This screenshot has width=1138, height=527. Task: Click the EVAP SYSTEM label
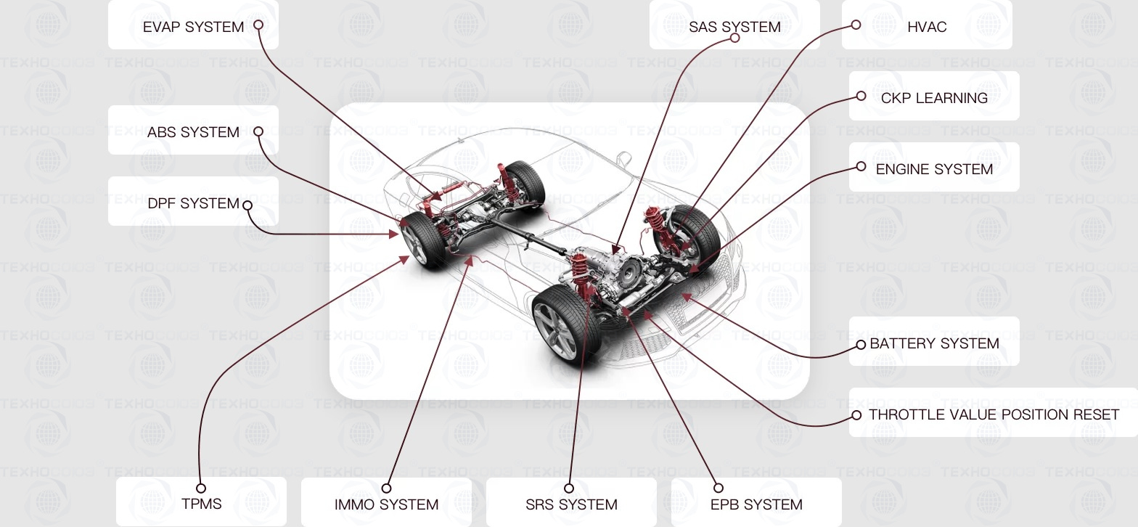193,27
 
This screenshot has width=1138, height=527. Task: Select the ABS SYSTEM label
193,132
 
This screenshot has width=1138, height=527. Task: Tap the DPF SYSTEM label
193,203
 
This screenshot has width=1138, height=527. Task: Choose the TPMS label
201,504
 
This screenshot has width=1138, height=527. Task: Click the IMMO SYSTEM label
386,504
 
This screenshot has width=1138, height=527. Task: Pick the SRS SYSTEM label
571,504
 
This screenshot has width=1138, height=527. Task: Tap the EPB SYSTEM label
756,504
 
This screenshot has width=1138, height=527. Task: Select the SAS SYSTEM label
734,27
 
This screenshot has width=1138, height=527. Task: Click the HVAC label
927,27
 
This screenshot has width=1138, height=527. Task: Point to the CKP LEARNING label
934,98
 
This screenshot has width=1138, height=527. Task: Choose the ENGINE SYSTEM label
934,169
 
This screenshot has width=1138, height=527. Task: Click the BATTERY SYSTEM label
934,343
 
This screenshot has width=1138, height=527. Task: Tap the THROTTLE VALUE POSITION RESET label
994,414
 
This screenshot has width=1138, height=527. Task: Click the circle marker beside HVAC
856,25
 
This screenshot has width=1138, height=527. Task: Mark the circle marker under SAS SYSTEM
734,38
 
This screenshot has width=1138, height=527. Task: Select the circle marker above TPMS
201,489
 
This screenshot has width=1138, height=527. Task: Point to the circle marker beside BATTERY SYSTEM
861,345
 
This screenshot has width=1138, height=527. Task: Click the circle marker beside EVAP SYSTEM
258,25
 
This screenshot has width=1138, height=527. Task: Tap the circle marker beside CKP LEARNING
861,96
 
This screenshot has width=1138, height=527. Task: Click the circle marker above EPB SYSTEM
719,488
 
